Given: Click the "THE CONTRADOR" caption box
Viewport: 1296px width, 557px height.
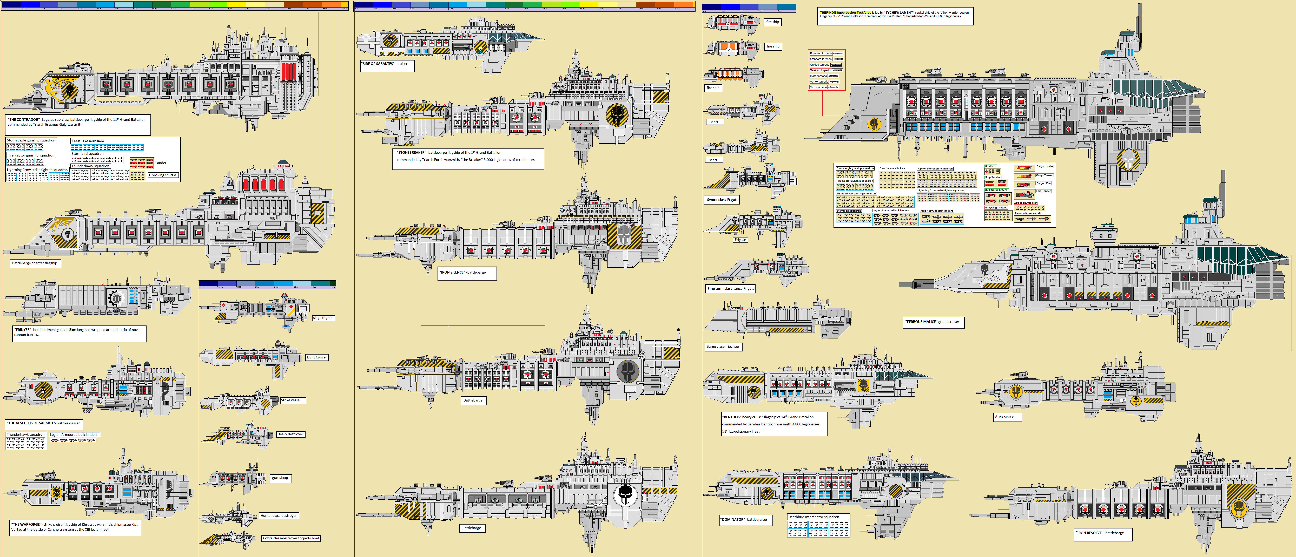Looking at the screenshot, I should click(x=78, y=124).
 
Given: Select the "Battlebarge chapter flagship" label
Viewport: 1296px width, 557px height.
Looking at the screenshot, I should click(x=35, y=263).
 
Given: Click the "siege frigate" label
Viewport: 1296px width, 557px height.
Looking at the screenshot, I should click(x=322, y=318).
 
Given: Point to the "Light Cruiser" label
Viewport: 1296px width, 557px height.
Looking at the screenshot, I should click(x=317, y=357).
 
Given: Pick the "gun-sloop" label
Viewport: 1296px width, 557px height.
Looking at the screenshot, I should click(x=280, y=478).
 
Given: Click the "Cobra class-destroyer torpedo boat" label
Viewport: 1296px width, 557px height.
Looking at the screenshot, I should click(x=291, y=538).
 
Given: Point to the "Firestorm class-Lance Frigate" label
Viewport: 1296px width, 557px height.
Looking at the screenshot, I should click(x=731, y=289).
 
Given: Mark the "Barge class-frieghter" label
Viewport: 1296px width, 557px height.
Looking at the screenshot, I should click(x=723, y=346).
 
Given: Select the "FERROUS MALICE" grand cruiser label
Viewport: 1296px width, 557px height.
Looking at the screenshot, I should click(x=933, y=322).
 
